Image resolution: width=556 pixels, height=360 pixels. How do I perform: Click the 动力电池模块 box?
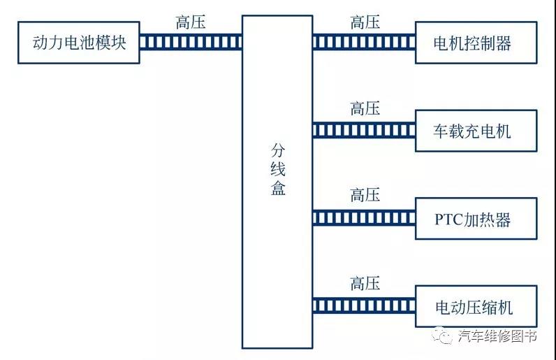tap(79, 43)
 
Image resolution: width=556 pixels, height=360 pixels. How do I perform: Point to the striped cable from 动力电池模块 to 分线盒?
tap(191, 43)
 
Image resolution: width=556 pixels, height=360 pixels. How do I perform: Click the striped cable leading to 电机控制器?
tap(364, 43)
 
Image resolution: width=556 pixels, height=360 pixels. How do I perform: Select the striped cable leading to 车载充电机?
tap(364, 131)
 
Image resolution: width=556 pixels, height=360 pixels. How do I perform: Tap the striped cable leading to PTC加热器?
tap(364, 219)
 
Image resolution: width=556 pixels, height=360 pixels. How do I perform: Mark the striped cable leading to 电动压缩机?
tap(364, 306)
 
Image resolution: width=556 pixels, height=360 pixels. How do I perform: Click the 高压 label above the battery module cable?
tap(191, 22)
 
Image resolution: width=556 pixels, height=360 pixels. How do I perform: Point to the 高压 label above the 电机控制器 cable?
tap(365, 22)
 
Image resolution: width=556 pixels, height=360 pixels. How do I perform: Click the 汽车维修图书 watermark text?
tap(497, 336)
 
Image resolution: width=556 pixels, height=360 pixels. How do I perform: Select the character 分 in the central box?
tap(278, 151)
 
